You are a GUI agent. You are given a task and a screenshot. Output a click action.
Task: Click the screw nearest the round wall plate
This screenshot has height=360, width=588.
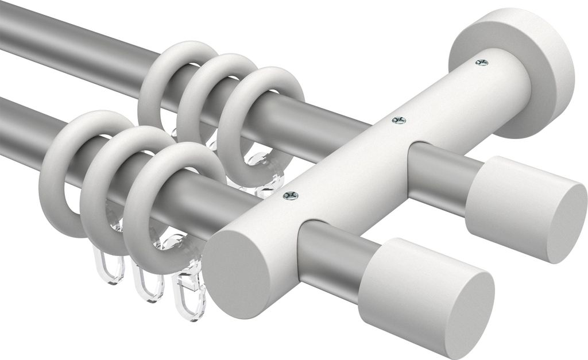482,62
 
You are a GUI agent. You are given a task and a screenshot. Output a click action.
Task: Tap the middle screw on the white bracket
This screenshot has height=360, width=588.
398,120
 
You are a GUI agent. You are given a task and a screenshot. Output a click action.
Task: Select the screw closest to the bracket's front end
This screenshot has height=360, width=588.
291,196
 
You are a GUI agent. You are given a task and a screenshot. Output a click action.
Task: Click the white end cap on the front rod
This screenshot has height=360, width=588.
428,293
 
